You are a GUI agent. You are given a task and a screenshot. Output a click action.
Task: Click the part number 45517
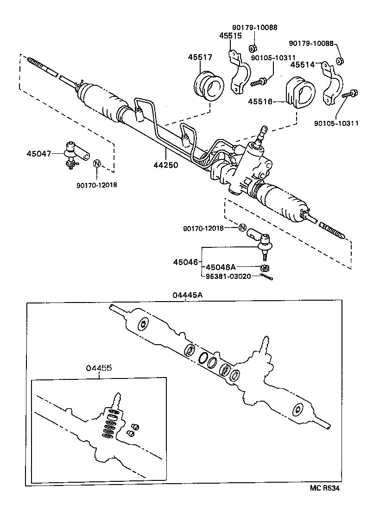[x=200, y=57]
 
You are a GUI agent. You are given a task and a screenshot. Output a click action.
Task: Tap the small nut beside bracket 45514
[x=339, y=61]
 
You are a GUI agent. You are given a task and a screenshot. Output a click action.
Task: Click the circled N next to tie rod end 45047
[x=97, y=164]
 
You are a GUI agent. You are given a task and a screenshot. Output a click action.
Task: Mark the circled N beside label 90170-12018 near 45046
[x=242, y=227]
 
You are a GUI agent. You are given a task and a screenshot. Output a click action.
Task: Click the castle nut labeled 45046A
[x=265, y=268]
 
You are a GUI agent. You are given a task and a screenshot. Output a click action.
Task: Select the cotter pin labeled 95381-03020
[x=267, y=277]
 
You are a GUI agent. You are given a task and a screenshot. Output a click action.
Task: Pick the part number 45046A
[x=221, y=267]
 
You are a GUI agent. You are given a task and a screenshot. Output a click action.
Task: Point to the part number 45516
[x=259, y=101]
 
